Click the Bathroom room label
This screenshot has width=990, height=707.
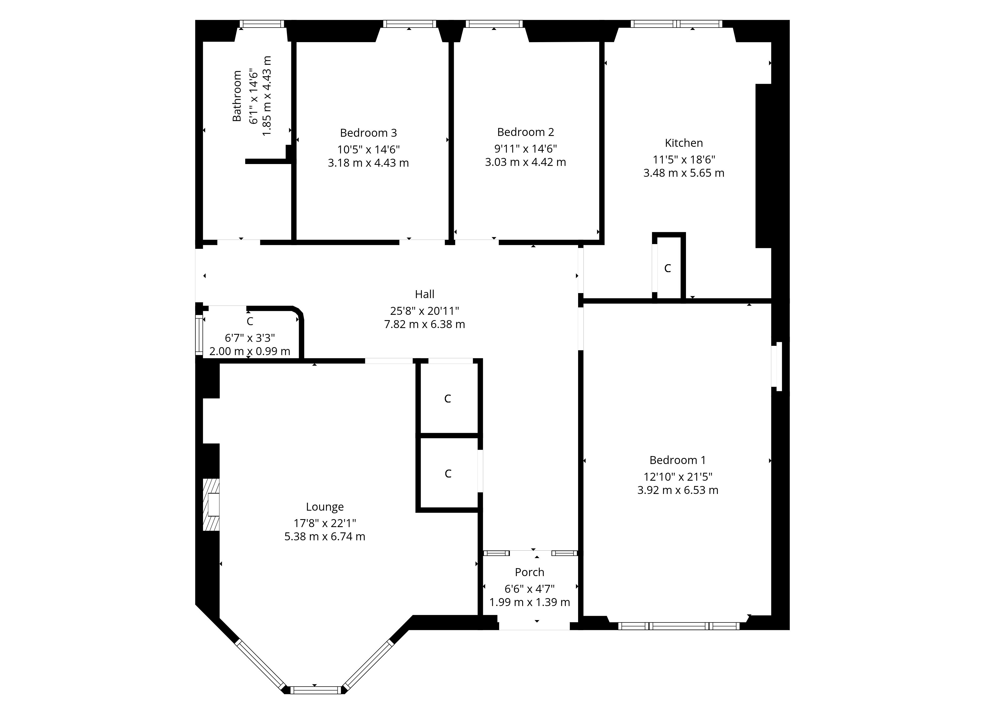(237, 96)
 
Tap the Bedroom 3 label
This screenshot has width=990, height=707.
(368, 133)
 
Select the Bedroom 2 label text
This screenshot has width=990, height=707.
(525, 132)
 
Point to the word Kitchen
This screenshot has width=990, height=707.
(684, 143)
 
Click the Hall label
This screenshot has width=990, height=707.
(424, 294)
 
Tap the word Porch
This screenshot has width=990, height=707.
(529, 572)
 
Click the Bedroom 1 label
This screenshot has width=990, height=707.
(677, 460)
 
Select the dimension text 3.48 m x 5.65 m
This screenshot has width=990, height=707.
(684, 173)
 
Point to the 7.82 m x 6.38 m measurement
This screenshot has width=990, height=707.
(424, 324)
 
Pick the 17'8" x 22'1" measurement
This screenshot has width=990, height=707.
(325, 523)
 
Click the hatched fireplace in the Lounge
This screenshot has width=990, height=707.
(211, 505)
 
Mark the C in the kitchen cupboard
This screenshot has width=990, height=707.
(667, 269)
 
